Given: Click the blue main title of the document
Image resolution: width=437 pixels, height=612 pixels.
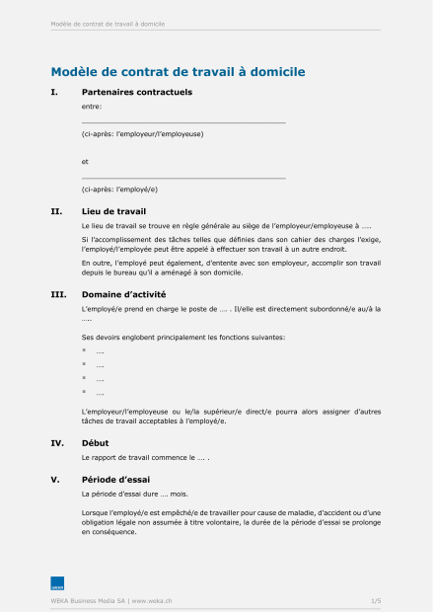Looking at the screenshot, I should (x=178, y=72).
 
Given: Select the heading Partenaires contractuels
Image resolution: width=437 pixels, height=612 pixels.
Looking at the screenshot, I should (x=136, y=93).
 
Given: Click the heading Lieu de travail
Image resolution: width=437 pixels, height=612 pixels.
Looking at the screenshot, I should (x=113, y=211).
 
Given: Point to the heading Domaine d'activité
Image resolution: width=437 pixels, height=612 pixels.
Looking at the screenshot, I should (x=123, y=294).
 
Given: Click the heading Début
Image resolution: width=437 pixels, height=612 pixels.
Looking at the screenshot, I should (x=96, y=443).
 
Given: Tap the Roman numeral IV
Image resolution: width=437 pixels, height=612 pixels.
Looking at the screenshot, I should (x=57, y=443).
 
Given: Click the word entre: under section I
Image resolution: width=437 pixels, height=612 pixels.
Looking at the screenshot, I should (x=92, y=106).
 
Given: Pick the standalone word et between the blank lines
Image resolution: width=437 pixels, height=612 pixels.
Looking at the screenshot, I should (x=85, y=161).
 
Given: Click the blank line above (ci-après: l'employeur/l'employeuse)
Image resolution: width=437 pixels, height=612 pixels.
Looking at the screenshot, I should (x=183, y=122).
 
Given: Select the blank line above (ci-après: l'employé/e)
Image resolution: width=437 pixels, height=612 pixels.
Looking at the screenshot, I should (x=183, y=178).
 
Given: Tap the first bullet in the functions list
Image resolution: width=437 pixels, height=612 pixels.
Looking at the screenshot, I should (x=85, y=351).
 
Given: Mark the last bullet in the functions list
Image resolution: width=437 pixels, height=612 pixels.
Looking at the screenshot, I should (x=85, y=392).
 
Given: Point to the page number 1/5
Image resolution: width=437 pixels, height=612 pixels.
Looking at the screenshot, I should (x=376, y=600).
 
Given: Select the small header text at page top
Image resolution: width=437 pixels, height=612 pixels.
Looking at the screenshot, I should (x=108, y=24).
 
